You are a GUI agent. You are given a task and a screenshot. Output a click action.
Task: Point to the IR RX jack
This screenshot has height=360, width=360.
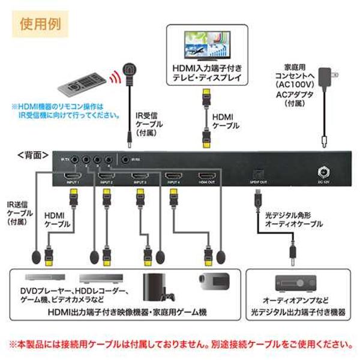pos(125,160)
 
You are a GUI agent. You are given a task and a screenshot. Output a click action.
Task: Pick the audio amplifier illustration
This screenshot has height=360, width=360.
pos(299,283)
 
